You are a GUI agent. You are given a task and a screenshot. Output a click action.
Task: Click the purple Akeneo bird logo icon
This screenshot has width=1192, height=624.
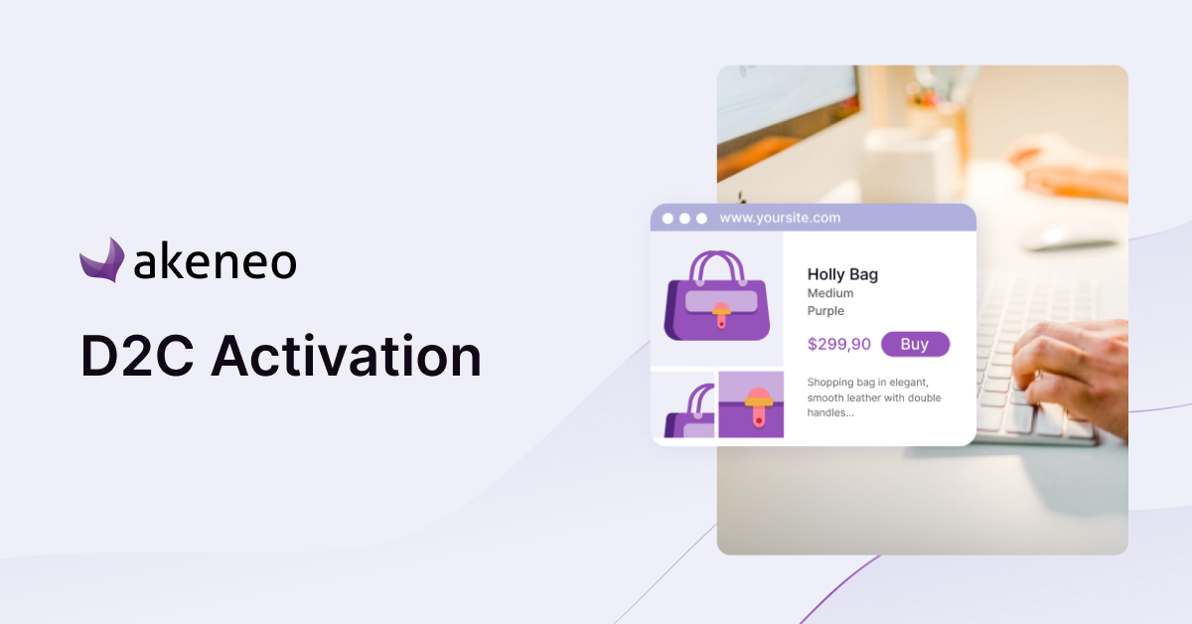(102, 261)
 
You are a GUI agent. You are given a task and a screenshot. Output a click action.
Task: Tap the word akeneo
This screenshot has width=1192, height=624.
(216, 261)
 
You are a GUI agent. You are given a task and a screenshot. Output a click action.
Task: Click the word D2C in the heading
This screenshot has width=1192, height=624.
(137, 356)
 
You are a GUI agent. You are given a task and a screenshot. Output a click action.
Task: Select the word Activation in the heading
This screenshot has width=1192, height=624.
(347, 355)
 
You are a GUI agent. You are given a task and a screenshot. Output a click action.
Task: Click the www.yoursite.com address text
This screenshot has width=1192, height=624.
(780, 218)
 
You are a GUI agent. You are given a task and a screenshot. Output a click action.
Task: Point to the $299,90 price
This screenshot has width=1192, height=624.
(839, 344)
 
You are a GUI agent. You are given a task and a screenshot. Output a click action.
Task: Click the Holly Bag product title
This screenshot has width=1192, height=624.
(843, 274)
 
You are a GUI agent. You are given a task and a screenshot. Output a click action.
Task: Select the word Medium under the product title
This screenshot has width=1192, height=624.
(830, 293)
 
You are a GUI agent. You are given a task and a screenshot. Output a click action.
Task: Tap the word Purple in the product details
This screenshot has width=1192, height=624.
(825, 310)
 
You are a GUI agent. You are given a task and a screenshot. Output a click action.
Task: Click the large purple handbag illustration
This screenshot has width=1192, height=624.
(717, 296)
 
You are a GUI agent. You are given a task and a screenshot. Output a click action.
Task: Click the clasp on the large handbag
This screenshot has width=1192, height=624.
(721, 315)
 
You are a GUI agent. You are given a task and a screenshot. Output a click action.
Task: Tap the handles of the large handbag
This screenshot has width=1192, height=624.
(717, 266)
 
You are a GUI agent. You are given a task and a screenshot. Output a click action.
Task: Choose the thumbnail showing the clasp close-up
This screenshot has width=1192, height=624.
(751, 404)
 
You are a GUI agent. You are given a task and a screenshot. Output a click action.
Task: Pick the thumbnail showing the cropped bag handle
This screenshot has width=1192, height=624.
(689, 410)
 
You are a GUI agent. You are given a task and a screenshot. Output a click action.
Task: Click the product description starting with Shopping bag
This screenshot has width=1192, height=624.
(874, 397)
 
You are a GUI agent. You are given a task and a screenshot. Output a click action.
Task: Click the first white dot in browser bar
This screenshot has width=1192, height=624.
(668, 219)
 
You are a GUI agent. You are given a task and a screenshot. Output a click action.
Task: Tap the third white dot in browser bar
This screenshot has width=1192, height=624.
(701, 219)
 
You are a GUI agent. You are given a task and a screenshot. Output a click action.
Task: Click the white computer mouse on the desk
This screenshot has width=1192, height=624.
(1070, 237)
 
